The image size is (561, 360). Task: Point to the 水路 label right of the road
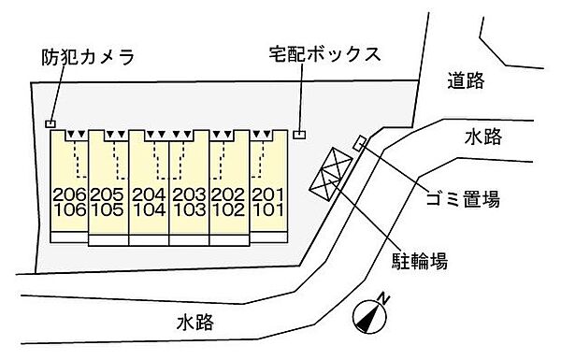coord(482,137)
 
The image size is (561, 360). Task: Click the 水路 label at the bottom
coord(194,324)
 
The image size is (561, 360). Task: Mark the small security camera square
coord(50,123)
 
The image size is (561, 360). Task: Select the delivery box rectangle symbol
coord(298,134)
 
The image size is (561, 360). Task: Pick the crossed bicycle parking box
coord(333,174)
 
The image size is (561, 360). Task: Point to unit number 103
coord(190,209)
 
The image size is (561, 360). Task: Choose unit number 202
coord(229,194)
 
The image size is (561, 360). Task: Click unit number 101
coord(268,209)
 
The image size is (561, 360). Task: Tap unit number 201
coord(268,194)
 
